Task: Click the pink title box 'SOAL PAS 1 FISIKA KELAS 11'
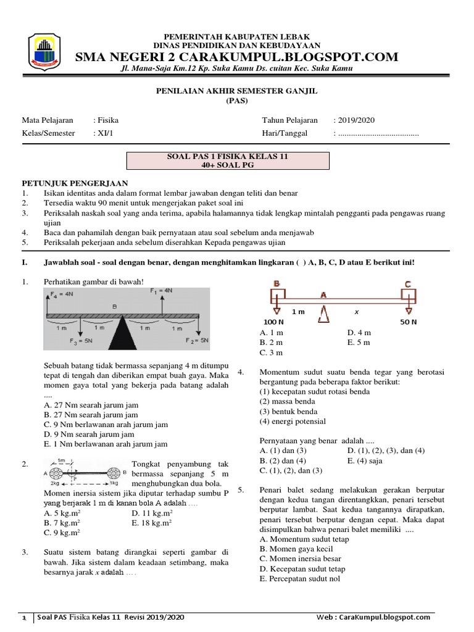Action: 228,161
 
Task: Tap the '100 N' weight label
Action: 274,323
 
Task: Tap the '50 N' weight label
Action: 407,323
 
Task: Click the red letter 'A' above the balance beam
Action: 323,295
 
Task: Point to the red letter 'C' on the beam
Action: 407,284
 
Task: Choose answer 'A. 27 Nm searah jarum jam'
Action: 91,404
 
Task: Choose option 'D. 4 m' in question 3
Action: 359,333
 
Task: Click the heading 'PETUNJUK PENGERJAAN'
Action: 75,183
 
